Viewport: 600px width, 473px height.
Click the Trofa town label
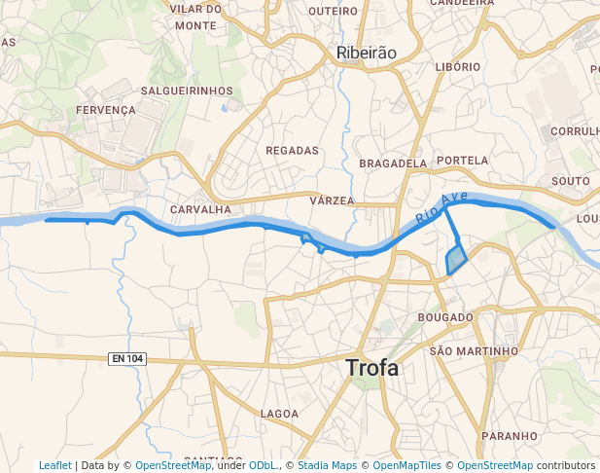tap(371, 368)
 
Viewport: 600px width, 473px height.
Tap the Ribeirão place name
tap(366, 54)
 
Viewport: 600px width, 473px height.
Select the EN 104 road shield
tap(127, 359)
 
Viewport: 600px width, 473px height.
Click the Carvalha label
tap(200, 209)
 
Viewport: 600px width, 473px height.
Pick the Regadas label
tap(292, 151)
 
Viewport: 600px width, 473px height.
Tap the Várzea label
tap(332, 200)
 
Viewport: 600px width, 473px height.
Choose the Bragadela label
tap(393, 164)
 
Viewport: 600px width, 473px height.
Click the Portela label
tap(463, 160)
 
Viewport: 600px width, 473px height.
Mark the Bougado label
tap(444, 317)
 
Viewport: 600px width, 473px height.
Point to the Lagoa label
tap(280, 414)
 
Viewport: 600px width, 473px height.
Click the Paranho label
tap(509, 436)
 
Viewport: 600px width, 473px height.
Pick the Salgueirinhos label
tap(187, 91)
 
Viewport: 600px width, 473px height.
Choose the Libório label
tap(458, 66)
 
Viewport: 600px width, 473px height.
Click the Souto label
tap(570, 181)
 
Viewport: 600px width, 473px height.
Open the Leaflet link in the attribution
tap(54, 465)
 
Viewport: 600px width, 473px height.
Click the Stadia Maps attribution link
tap(327, 465)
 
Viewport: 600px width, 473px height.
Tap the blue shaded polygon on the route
tap(455, 260)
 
